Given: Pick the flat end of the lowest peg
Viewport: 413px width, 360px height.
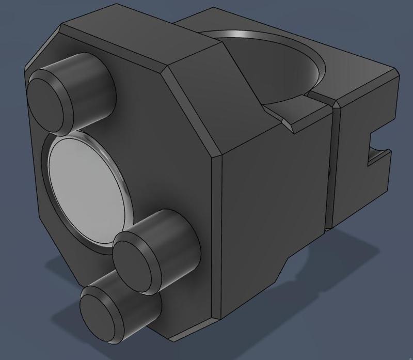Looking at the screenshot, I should point(101,315).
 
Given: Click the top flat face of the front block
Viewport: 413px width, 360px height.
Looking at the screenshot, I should point(139,41).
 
